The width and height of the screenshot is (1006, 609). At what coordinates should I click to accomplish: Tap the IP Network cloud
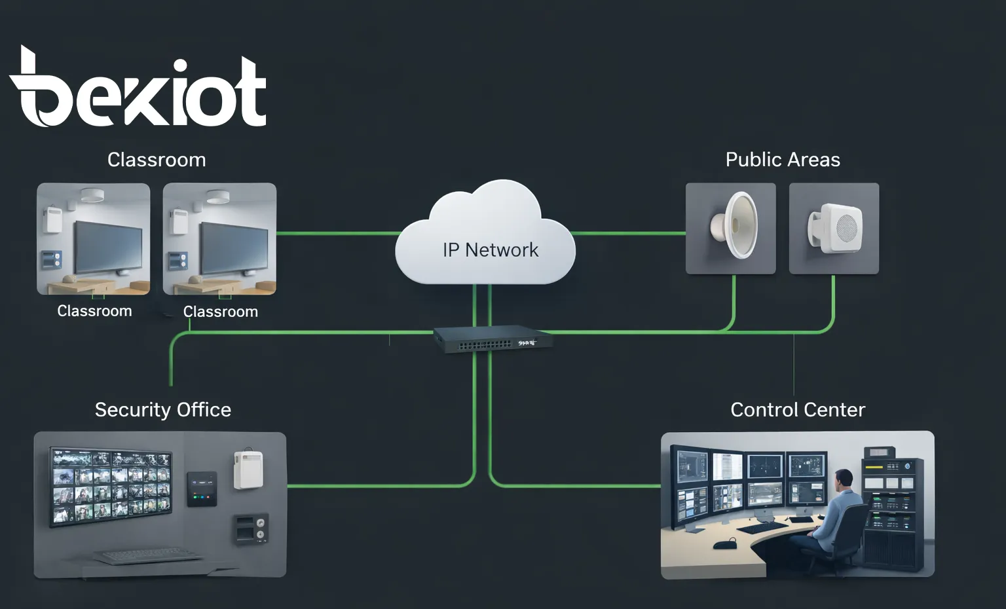point(486,239)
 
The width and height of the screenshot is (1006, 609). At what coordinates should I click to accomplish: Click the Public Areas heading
point(783,160)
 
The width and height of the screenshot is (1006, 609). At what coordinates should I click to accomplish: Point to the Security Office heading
point(163,410)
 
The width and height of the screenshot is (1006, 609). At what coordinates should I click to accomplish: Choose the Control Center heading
point(798,410)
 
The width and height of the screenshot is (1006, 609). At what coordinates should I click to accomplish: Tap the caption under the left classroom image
point(94,311)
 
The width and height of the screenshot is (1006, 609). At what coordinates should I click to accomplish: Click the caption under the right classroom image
point(220,312)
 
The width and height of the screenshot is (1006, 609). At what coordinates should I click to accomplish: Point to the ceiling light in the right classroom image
point(217,196)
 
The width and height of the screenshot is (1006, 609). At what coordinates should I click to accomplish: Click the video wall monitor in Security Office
point(112,486)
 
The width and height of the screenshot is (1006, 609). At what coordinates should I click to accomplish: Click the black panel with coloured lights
point(202,489)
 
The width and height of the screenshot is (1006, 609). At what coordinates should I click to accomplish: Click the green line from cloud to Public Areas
point(629,233)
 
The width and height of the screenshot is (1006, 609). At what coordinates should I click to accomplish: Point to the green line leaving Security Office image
point(380,486)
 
